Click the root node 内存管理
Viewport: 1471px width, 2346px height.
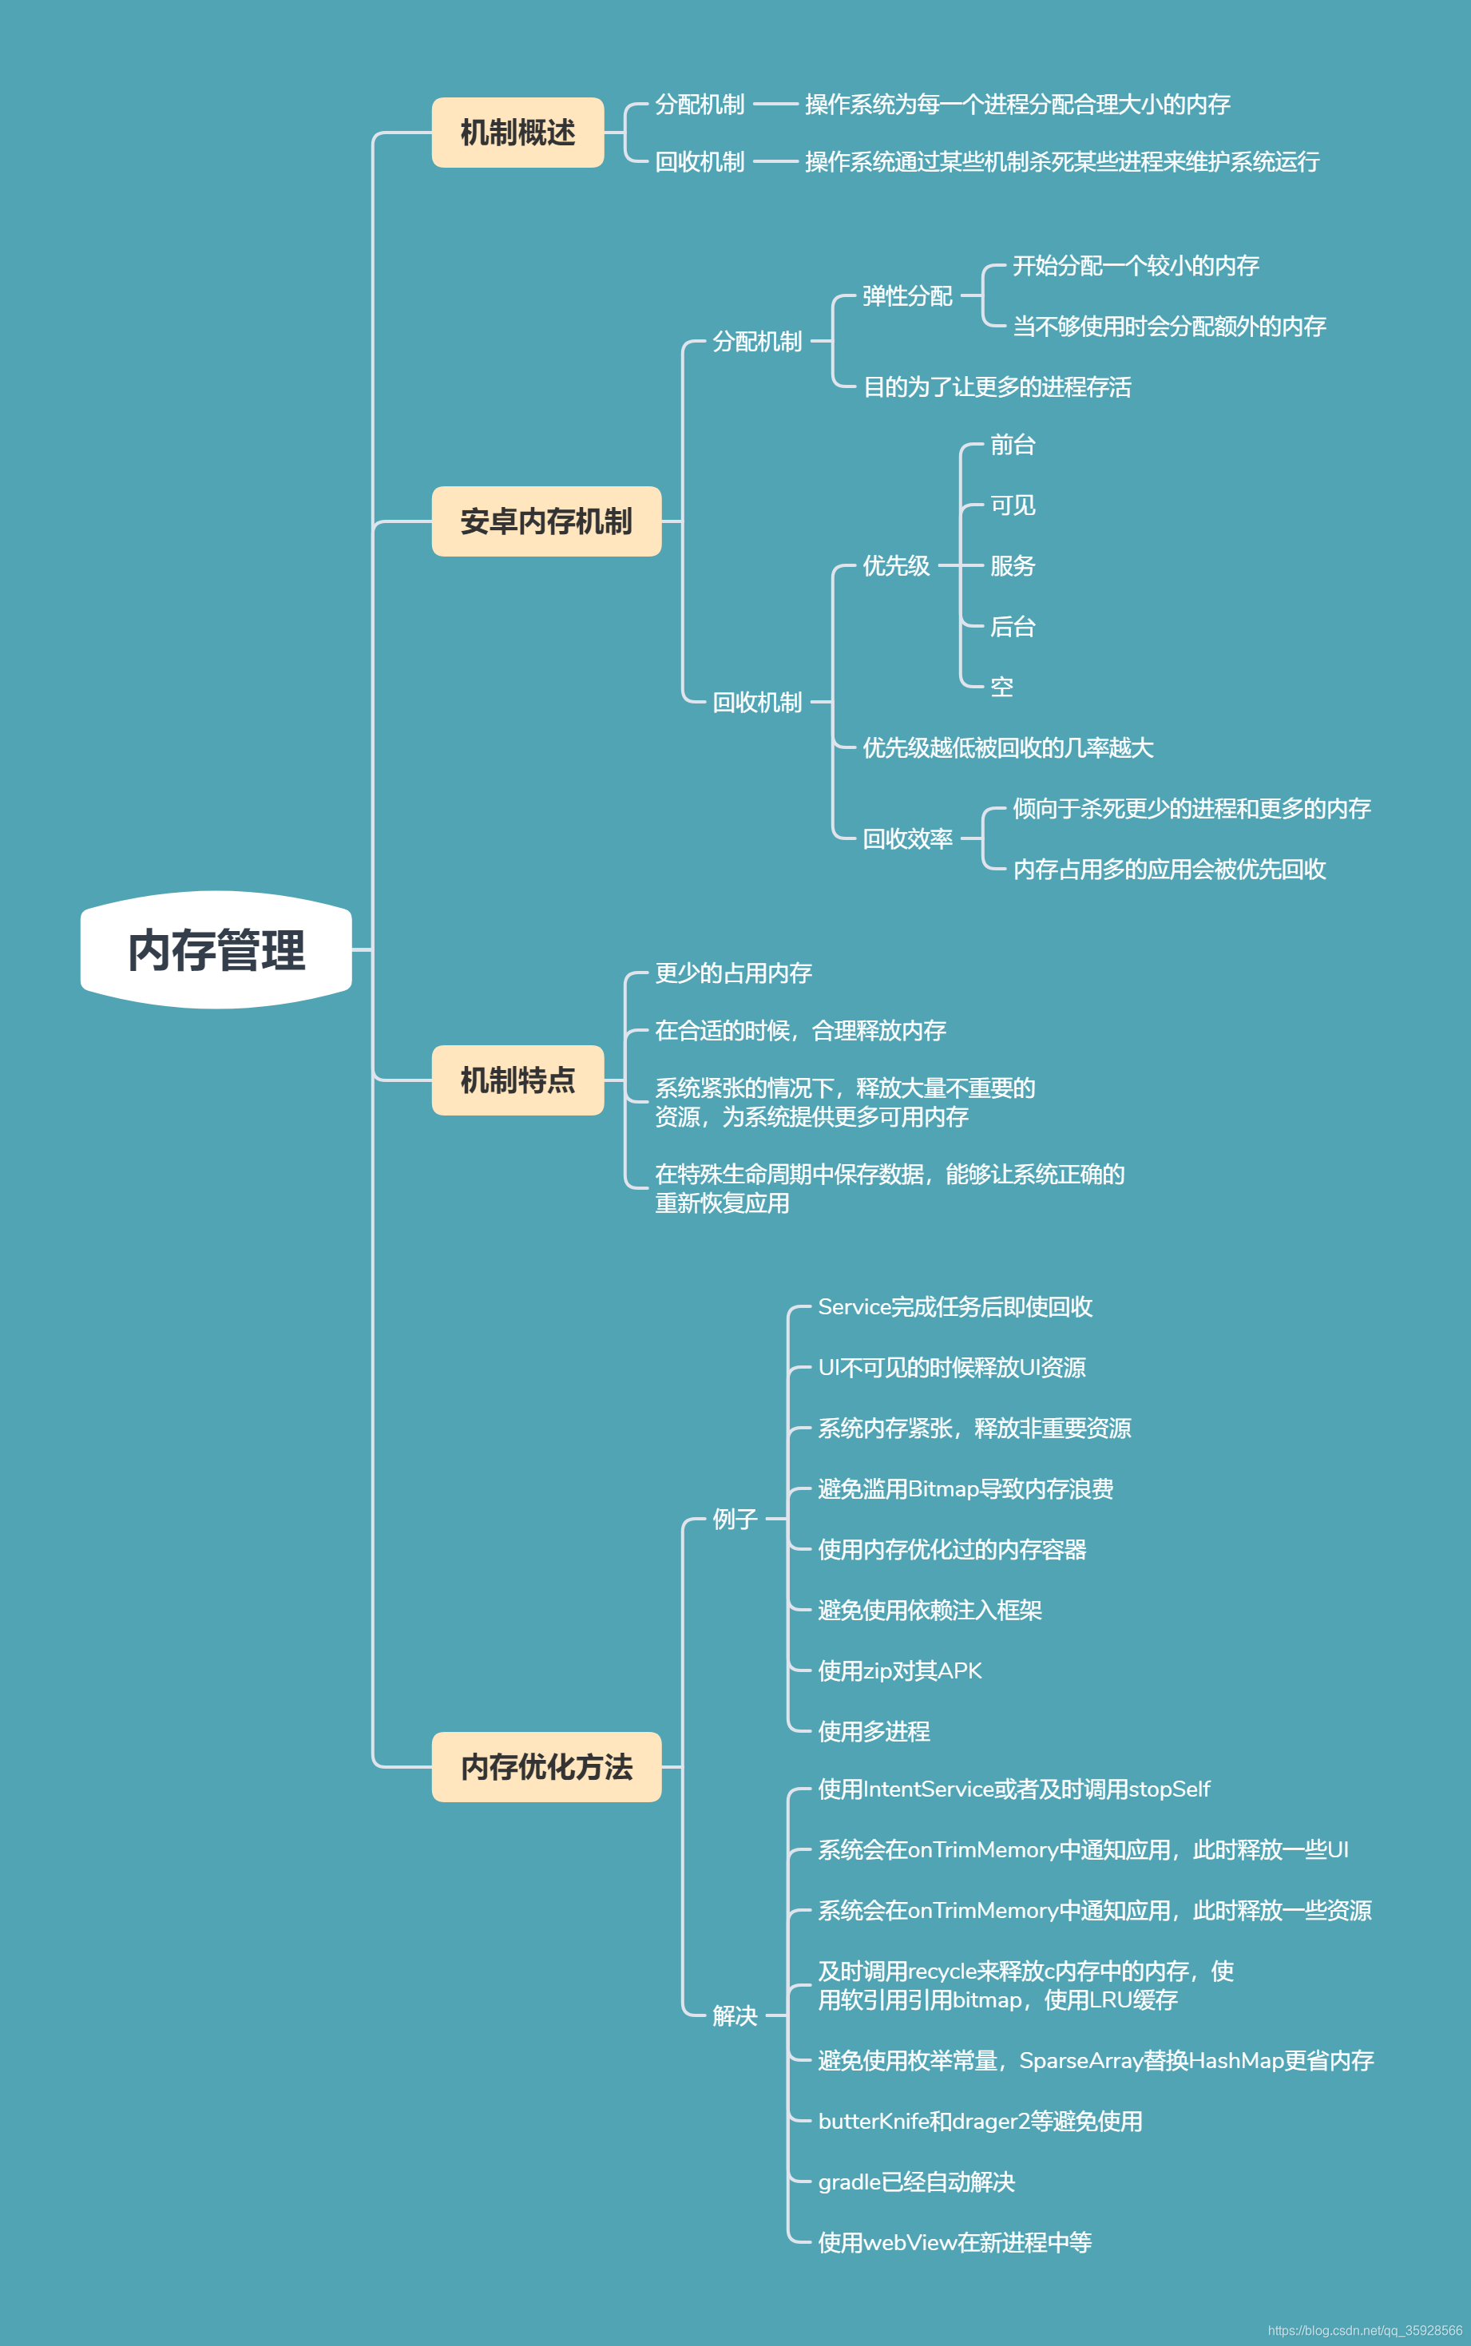point(216,949)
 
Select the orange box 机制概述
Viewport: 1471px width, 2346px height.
point(517,133)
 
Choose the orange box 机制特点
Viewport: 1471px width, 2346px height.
point(517,1080)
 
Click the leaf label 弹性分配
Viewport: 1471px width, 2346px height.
point(906,295)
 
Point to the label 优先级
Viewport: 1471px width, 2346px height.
point(896,565)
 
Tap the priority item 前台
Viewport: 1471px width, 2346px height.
point(1012,445)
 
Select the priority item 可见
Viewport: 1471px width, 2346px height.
point(1012,505)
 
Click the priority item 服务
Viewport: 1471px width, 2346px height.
point(1012,565)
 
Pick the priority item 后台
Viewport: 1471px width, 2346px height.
point(1012,626)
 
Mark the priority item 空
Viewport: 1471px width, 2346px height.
point(1001,687)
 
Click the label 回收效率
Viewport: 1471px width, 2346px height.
point(906,838)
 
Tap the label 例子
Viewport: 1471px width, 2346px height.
point(735,1518)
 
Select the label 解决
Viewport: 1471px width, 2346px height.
point(735,2015)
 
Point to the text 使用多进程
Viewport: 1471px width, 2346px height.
point(874,1730)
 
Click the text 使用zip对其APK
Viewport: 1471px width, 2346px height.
point(900,1670)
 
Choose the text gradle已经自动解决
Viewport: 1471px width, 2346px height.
point(917,2182)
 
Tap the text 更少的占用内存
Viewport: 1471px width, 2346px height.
point(734,973)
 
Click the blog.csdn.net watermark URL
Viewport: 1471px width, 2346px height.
point(1364,2331)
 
